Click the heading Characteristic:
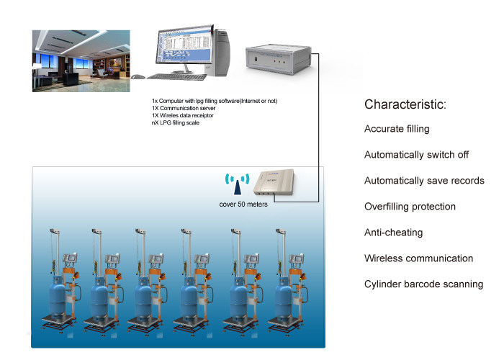(405, 104)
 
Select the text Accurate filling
(397, 129)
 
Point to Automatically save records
(424, 181)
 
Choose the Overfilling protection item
(410, 207)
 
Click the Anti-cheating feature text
(393, 233)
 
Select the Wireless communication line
(418, 258)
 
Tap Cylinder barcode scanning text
(423, 284)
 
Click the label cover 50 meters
(243, 204)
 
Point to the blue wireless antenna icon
(237, 183)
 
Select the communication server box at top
(279, 58)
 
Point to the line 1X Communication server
(181, 108)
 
